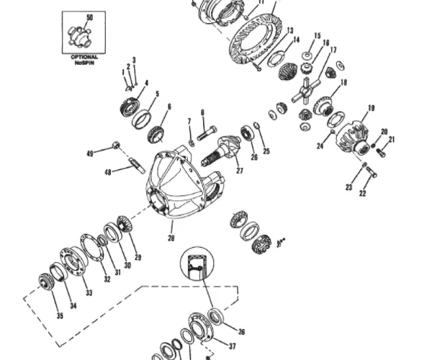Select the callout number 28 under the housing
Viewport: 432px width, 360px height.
172,238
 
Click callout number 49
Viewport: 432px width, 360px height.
90,153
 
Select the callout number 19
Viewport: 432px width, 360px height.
371,109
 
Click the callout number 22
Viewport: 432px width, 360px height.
363,193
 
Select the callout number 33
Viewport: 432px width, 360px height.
89,292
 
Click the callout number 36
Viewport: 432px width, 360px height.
241,332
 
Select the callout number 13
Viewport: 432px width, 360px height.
289,30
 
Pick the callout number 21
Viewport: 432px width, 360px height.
392,140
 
